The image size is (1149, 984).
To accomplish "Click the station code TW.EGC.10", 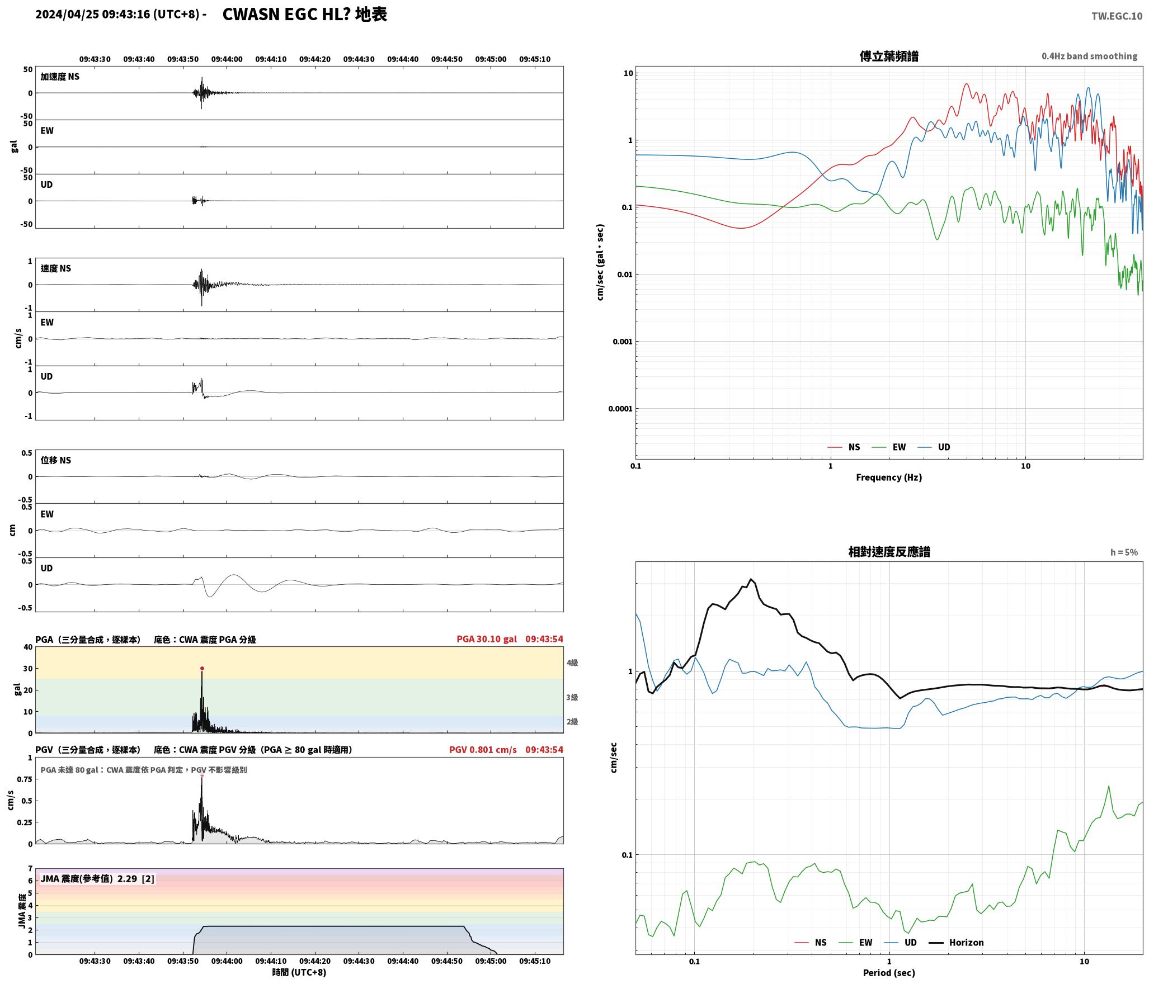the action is [x=1117, y=16].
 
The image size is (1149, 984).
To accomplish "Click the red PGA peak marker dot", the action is [x=202, y=668].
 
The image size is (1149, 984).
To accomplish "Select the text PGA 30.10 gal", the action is [x=487, y=638].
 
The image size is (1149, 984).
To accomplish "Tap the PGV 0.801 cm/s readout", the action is [x=483, y=749].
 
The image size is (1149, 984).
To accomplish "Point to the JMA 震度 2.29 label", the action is [x=97, y=878].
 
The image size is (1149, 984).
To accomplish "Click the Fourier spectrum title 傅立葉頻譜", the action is [x=889, y=56].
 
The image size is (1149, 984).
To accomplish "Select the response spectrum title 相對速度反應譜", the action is [x=889, y=552].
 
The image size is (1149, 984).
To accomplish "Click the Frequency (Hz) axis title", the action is [x=889, y=477].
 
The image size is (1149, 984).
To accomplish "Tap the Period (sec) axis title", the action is [x=889, y=973].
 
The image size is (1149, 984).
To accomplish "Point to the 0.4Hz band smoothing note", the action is [x=1089, y=56].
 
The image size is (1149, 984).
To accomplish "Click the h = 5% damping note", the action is [x=1124, y=552].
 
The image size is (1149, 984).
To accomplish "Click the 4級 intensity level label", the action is [x=572, y=663].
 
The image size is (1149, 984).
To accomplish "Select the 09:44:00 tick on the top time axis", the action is [x=227, y=59].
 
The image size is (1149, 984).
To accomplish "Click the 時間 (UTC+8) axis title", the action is [x=299, y=972].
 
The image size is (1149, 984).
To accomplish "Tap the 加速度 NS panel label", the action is [x=60, y=77].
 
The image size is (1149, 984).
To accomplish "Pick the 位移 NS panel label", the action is [x=56, y=460].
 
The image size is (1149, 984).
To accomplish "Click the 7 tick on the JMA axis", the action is [x=30, y=868].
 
